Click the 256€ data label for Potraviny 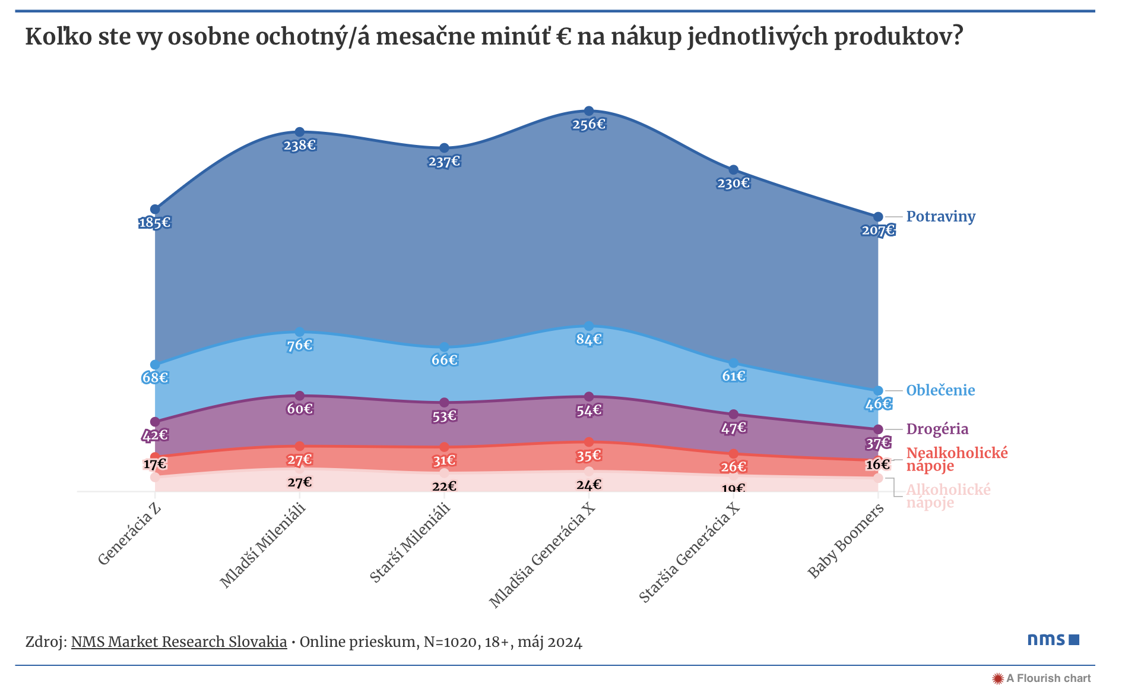589,125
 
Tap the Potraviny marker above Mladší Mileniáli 300,132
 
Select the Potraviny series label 940,217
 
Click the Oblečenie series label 940,391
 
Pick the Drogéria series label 937,429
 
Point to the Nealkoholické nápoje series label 956,459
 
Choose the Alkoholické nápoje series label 948,497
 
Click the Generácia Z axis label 130,535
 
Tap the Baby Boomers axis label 845,541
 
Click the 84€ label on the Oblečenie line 589,340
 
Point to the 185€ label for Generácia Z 155,223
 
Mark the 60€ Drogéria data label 300,409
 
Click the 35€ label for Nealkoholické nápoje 589,456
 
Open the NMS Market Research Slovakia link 179,642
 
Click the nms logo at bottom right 1053,640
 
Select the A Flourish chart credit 1042,678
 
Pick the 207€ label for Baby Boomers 878,230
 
